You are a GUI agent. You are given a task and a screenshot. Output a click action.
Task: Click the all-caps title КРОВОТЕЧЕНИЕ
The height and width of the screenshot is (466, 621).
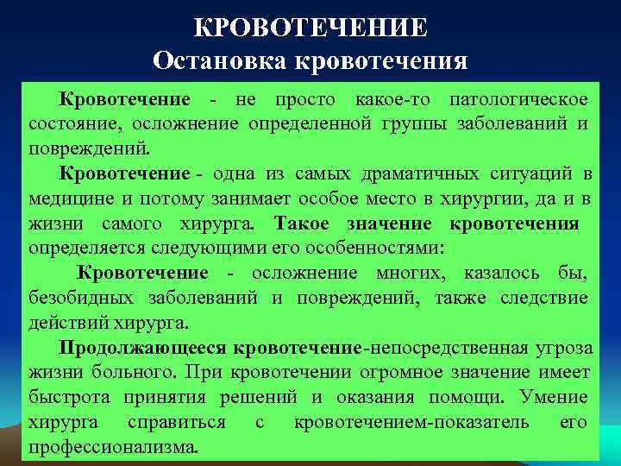(x=310, y=28)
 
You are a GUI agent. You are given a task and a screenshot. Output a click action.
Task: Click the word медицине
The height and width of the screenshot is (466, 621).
(x=69, y=199)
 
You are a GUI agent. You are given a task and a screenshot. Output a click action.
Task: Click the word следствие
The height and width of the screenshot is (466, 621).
(x=542, y=299)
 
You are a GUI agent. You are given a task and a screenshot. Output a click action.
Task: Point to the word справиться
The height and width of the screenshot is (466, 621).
(x=176, y=423)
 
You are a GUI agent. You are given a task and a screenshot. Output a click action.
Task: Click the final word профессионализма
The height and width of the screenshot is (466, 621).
(x=113, y=448)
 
